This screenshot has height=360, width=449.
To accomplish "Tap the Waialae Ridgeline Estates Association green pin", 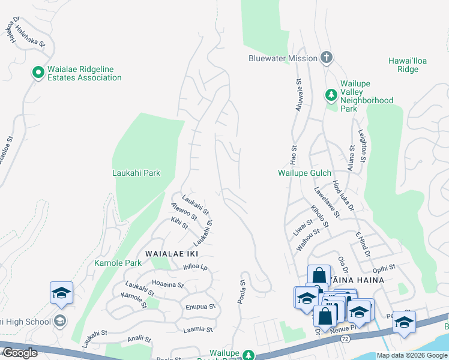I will point(38,73).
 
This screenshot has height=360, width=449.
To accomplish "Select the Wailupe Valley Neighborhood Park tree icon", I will point(331,95).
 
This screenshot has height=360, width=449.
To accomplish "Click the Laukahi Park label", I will point(136,173).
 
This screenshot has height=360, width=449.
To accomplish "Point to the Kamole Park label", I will point(118,263).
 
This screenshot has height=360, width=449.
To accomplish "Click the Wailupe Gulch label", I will point(304,173).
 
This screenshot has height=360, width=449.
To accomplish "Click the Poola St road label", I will point(242,292).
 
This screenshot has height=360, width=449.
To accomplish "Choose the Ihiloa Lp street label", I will point(195,268).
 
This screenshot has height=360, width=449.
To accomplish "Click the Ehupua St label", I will point(200,306).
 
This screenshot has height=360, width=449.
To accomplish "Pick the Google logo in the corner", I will point(19,353).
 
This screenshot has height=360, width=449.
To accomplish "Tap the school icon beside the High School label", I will point(59,321).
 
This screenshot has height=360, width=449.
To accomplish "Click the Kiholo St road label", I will point(319,217).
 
